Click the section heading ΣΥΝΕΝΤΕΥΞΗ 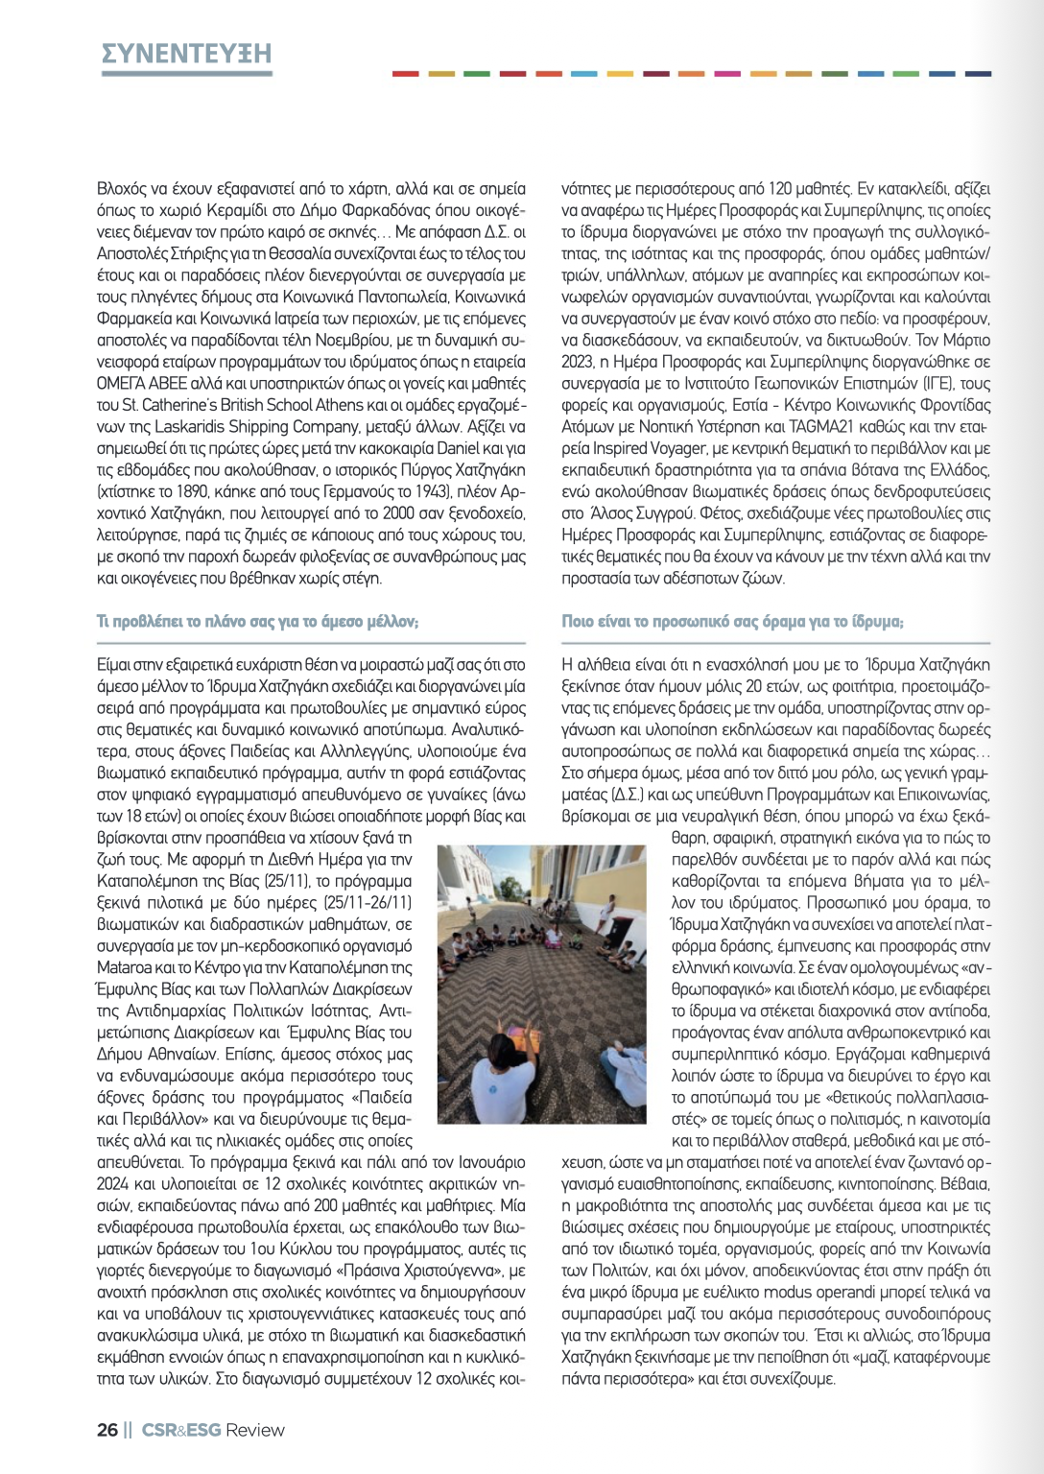(x=186, y=54)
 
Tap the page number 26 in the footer (x=107, y=1430)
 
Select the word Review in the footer (x=255, y=1430)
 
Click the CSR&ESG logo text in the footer (x=181, y=1430)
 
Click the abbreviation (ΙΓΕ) (x=926, y=383)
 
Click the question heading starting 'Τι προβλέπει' (x=257, y=622)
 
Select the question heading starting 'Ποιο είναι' (x=732, y=622)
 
